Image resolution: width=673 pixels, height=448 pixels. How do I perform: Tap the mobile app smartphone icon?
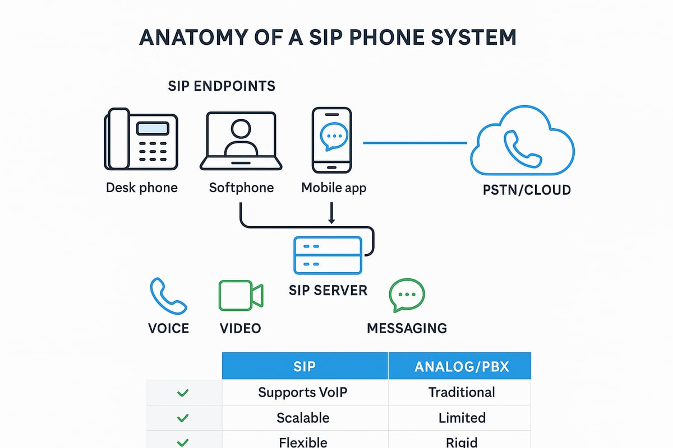pos(332,139)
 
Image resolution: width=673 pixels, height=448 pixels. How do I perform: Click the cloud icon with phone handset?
pos(522,142)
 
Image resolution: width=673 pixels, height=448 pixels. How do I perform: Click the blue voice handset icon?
pos(168,297)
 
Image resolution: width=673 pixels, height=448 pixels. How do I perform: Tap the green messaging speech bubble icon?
pos(407,296)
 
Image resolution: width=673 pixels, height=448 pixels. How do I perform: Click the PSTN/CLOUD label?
pos(527,190)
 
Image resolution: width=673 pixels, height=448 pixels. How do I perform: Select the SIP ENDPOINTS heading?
pos(222,86)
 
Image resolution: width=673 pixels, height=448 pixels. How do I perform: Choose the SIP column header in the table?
pos(305,366)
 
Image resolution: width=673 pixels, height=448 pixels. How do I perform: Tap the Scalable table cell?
pos(303,418)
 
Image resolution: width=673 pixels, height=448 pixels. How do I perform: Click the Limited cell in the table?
pos(462,418)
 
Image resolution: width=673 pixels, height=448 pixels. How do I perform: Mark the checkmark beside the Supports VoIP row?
pos(182,393)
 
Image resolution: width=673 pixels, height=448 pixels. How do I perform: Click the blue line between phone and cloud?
pos(415,143)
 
